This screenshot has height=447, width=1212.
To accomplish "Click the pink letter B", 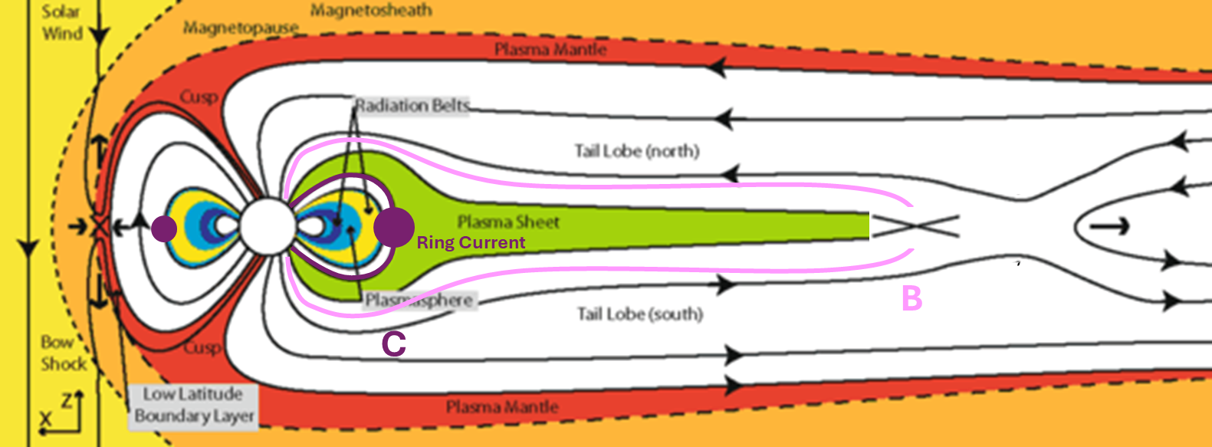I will (911, 298).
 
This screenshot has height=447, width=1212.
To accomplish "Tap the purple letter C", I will (393, 344).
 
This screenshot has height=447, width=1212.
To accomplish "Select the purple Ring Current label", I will (471, 243).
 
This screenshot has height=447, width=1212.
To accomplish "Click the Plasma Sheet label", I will (508, 222).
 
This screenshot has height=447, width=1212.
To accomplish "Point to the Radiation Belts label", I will (412, 106).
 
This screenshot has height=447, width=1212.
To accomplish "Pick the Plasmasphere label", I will (419, 300).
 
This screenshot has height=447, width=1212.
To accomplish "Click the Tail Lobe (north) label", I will (637, 151).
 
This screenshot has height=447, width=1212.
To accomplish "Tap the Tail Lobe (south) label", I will (639, 314).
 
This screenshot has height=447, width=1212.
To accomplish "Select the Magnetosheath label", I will (371, 11).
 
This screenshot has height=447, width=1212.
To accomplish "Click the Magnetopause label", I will (240, 28).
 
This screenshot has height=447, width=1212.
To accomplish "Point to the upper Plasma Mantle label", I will (550, 50).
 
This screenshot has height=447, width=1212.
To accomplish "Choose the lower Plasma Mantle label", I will (502, 407).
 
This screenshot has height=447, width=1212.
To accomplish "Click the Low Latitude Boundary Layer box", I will (193, 406).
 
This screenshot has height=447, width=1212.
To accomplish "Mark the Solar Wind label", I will (62, 22).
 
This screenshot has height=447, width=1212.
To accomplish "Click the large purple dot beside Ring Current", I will (394, 227).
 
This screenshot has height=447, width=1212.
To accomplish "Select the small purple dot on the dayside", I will (164, 228).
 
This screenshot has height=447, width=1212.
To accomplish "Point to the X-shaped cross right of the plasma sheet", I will (915, 226).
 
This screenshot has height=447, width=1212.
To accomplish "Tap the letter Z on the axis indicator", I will (67, 399).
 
